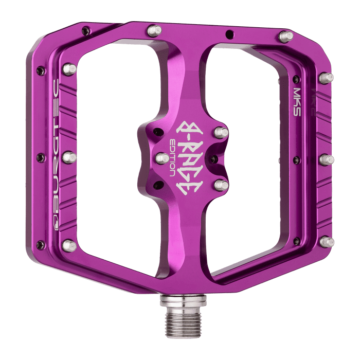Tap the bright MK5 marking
297,94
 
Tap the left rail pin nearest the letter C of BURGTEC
70,69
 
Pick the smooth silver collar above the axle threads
176,299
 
